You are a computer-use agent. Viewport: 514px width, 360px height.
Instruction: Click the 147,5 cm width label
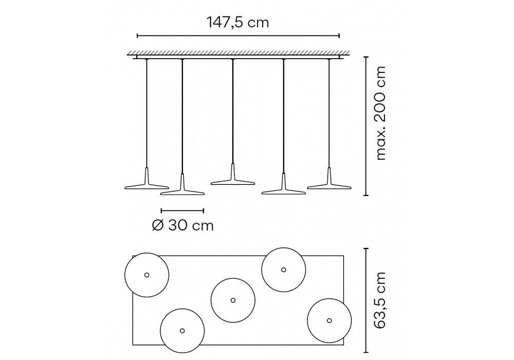click(x=237, y=23)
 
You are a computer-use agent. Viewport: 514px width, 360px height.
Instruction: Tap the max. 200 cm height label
click(x=380, y=114)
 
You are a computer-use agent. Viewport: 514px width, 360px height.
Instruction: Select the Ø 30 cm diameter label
click(x=182, y=226)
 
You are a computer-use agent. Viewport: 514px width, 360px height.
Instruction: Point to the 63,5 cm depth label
click(x=380, y=300)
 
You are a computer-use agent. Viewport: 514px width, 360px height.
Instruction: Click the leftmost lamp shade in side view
click(x=146, y=183)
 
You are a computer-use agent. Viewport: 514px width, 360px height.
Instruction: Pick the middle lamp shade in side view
click(x=233, y=178)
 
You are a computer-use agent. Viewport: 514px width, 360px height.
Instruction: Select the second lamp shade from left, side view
click(x=182, y=189)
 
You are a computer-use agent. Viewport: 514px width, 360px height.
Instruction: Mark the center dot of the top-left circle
click(x=147, y=275)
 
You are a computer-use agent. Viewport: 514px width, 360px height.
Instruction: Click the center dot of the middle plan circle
click(x=233, y=300)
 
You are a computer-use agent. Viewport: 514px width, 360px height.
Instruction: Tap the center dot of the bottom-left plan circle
click(x=182, y=331)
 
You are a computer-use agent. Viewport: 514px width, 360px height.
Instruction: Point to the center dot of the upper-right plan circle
click(x=284, y=269)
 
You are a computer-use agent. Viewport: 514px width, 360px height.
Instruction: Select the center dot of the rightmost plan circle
click(x=329, y=320)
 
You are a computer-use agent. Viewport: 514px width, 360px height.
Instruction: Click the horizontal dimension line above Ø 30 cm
click(x=182, y=210)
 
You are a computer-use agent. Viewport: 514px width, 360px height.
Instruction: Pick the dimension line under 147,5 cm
click(x=238, y=35)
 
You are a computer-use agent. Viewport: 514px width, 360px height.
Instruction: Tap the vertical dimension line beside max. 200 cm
click(x=366, y=126)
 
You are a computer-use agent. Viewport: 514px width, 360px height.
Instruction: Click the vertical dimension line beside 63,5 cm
click(x=366, y=300)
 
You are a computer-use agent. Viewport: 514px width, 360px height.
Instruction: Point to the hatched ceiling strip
click(x=238, y=53)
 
